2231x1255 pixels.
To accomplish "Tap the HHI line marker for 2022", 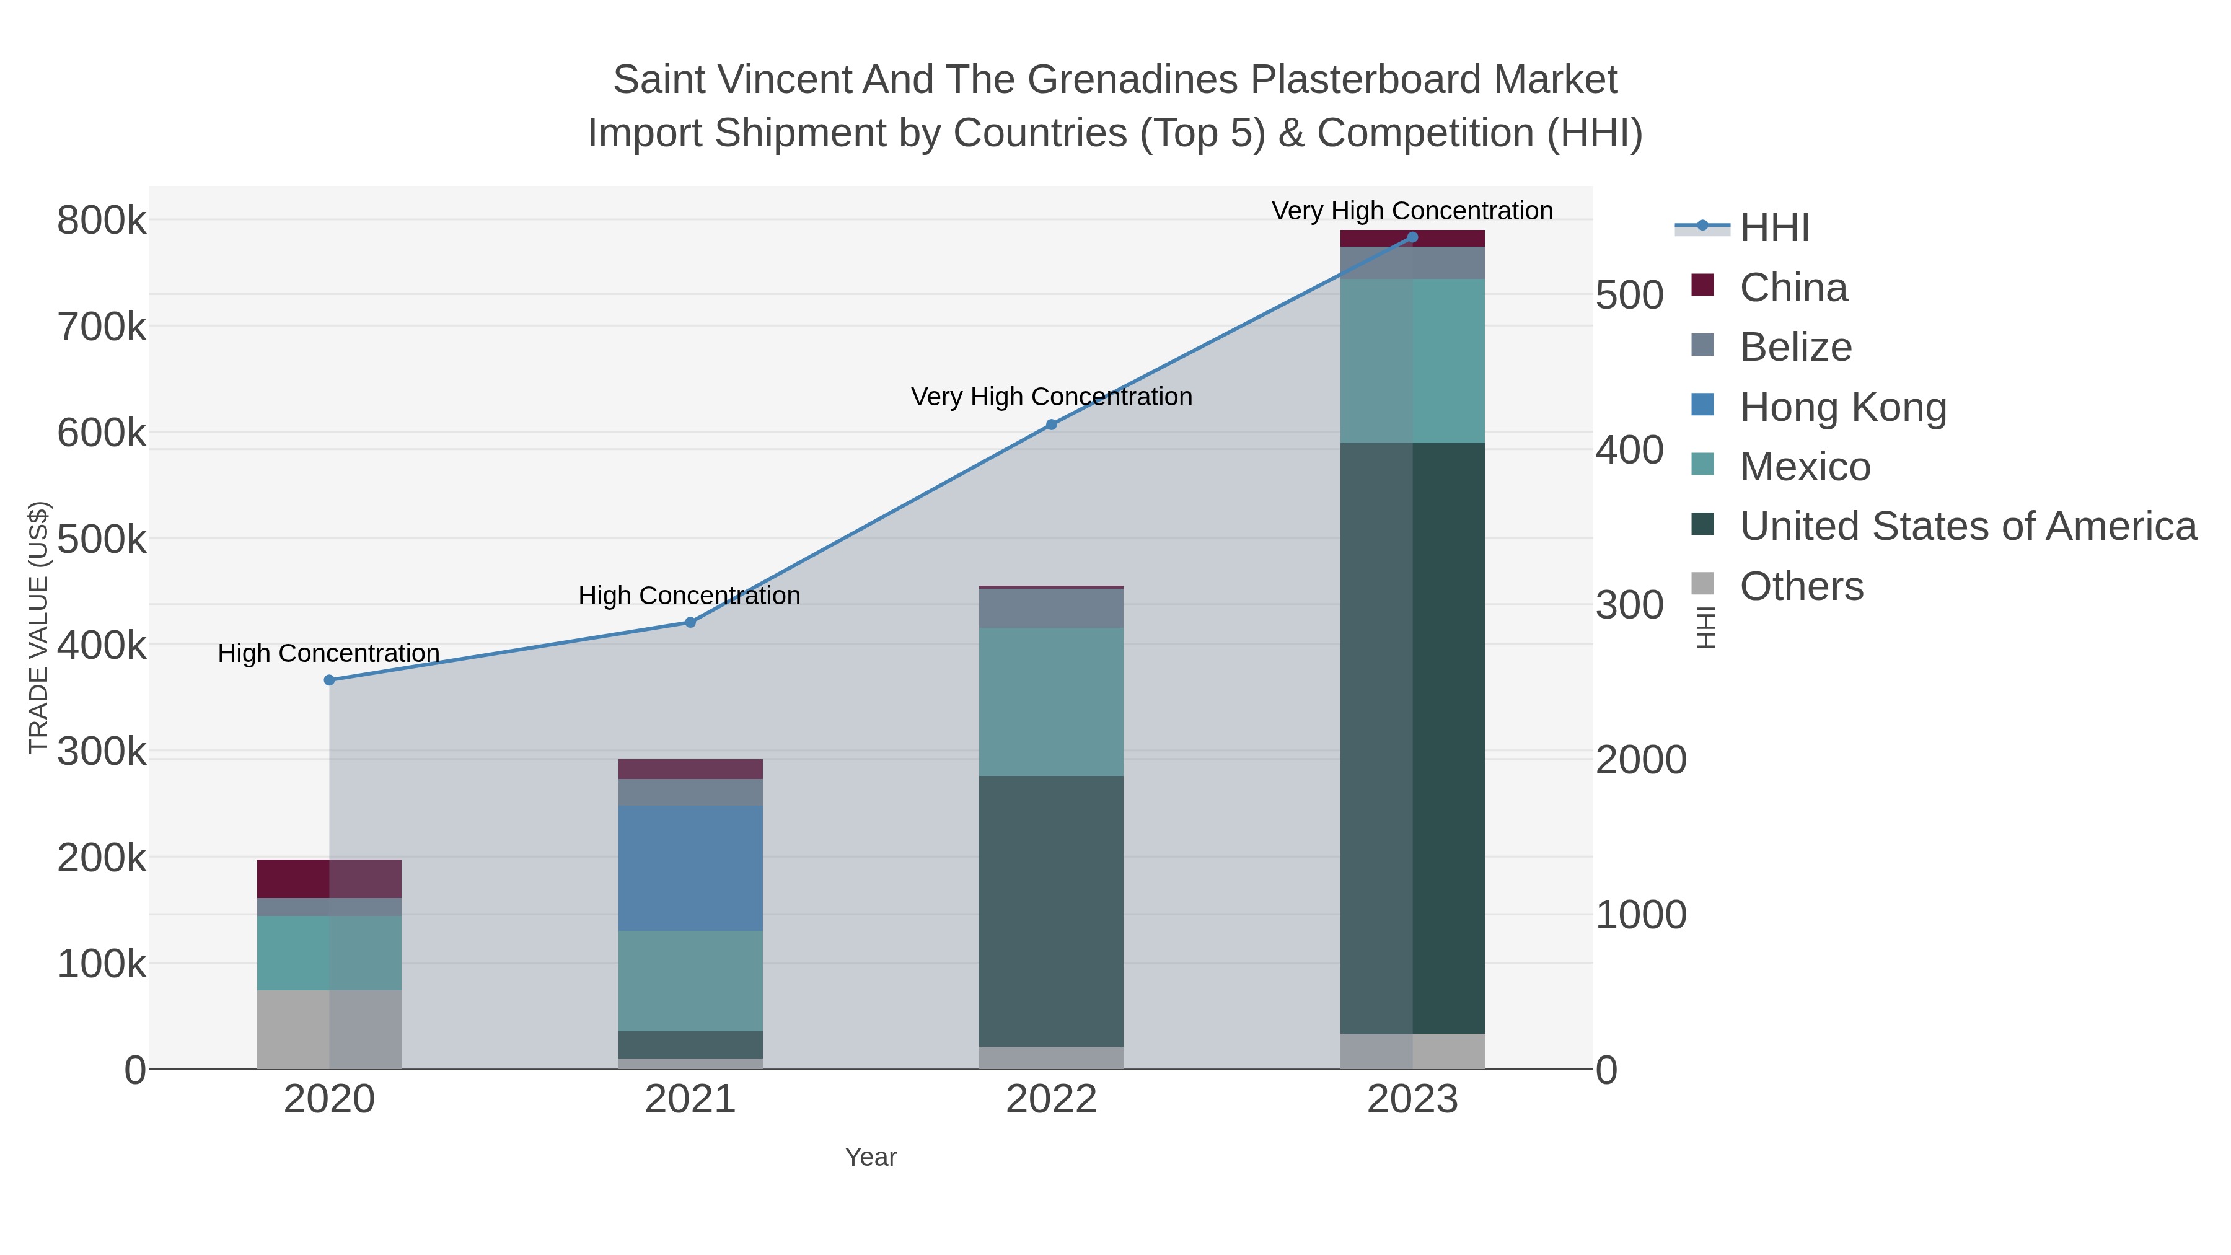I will pyautogui.click(x=1052, y=425).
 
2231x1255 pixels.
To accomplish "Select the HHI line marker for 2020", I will pyautogui.click(x=329, y=680).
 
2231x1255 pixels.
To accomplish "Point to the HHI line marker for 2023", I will pyautogui.click(x=1412, y=237).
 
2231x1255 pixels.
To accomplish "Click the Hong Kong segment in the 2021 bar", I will pyautogui.click(x=690, y=868).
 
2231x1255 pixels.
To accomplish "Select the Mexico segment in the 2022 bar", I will pyautogui.click(x=1052, y=702).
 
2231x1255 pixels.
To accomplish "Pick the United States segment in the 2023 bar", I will pyautogui.click(x=1412, y=738).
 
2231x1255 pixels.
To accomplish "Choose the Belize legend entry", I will pyautogui.click(x=1795, y=347).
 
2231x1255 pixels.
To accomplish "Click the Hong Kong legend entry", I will pyautogui.click(x=1842, y=407).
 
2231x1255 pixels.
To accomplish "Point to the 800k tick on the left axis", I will pyautogui.click(x=102, y=221).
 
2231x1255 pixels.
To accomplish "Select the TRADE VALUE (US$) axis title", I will pyautogui.click(x=39, y=627).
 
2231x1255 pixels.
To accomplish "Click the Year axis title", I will pyautogui.click(x=871, y=1157).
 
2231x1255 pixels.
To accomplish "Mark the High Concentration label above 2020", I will pyautogui.click(x=329, y=653).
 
